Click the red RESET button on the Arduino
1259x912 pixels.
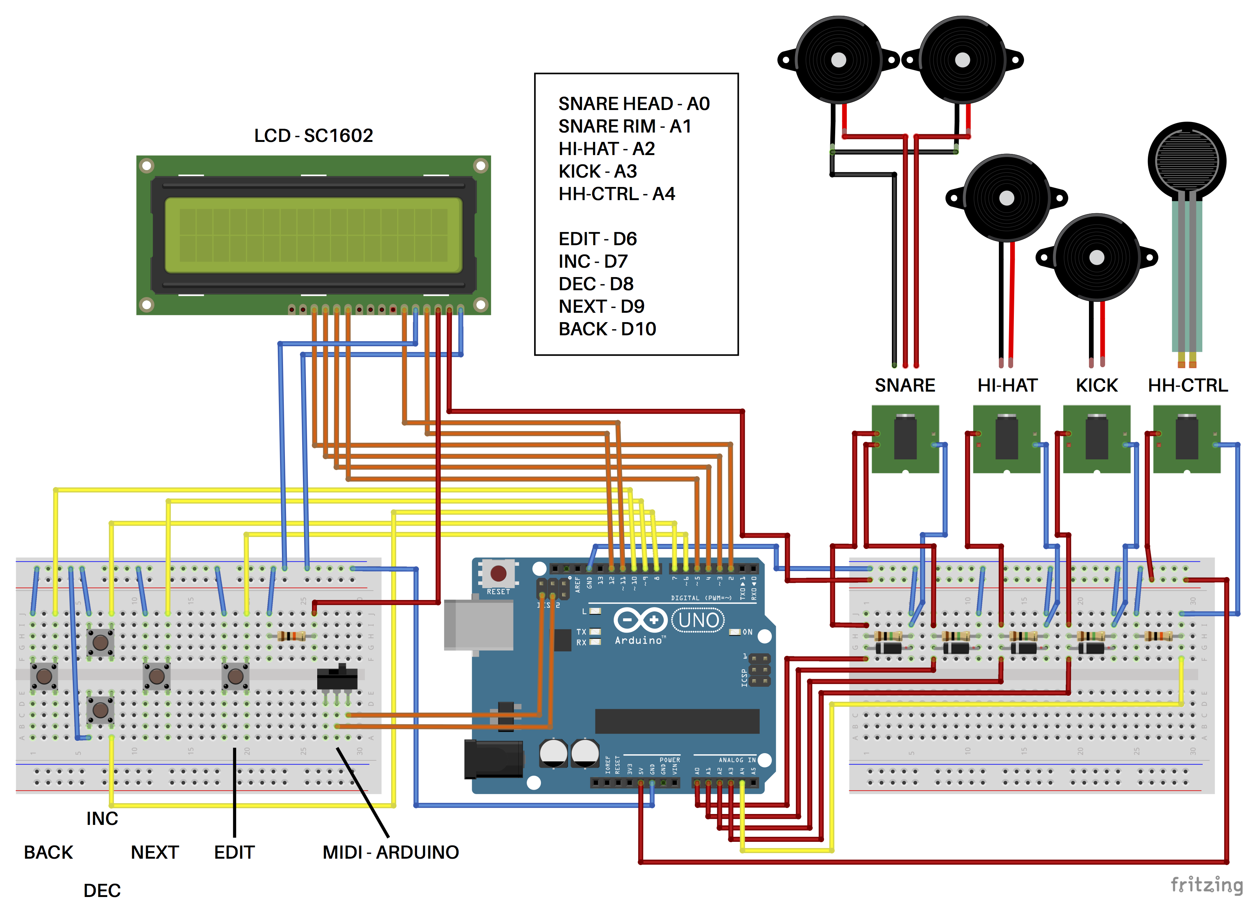pyautogui.click(x=498, y=573)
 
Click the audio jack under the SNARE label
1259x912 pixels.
pyautogui.click(x=905, y=439)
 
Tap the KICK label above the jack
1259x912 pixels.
pyautogui.click(x=1096, y=385)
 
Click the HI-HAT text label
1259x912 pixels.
pyautogui.click(x=1007, y=385)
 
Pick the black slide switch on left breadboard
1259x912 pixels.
pyautogui.click(x=337, y=677)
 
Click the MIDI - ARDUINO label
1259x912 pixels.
pyautogui.click(x=390, y=852)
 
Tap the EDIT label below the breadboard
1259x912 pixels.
pyautogui.click(x=234, y=852)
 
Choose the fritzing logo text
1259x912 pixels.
pyautogui.click(x=1206, y=885)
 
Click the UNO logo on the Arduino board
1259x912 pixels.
pyautogui.click(x=698, y=620)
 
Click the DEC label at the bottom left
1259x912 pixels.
pyautogui.click(x=102, y=890)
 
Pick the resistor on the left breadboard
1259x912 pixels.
pyautogui.click(x=291, y=636)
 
